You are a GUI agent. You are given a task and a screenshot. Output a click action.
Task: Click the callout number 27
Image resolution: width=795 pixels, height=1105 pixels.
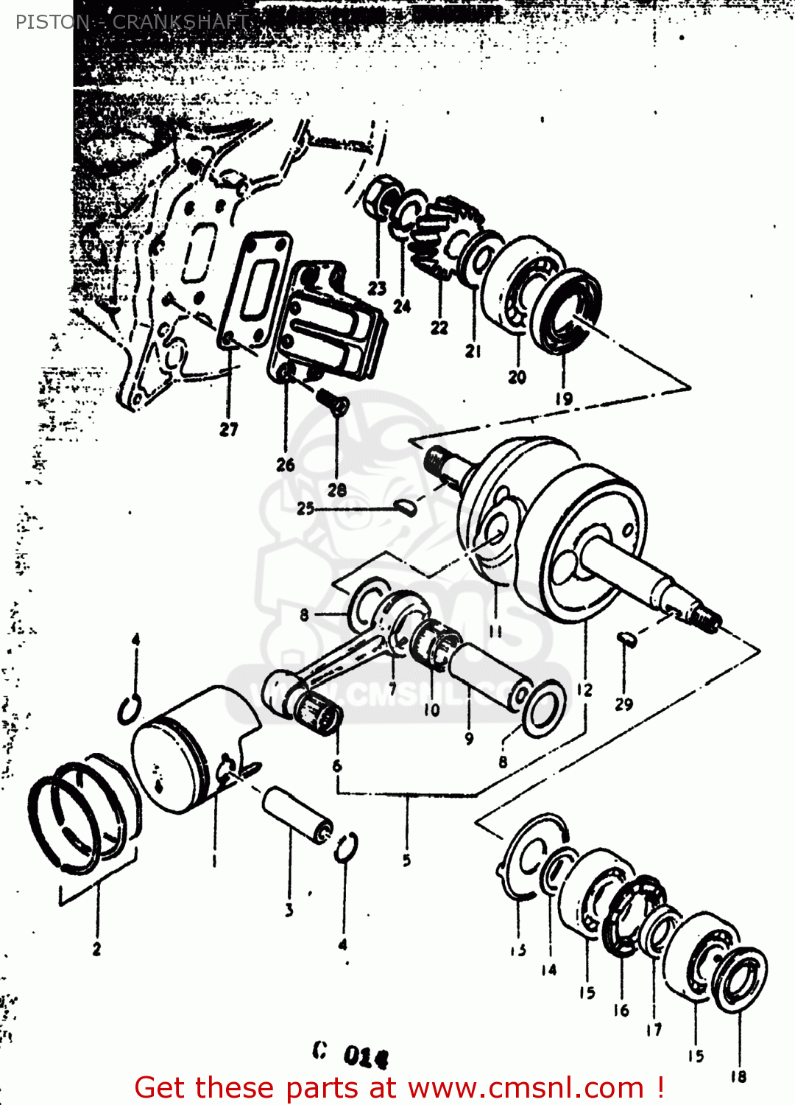[229, 429]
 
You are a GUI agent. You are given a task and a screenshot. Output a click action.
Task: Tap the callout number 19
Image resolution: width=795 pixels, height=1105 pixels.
[564, 399]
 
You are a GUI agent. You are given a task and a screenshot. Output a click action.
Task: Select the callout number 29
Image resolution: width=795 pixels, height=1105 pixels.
[624, 704]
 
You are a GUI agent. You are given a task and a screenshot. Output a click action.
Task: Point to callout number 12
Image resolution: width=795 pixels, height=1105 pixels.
[585, 690]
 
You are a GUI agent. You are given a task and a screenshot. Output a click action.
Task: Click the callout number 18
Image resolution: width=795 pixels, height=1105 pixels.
[738, 1077]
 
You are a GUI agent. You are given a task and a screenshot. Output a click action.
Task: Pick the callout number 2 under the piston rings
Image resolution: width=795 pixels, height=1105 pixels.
[96, 949]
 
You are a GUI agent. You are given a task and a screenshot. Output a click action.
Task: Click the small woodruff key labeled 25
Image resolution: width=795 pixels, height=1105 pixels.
[406, 507]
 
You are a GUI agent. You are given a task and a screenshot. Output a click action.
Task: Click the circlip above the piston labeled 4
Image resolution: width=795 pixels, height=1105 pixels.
[130, 710]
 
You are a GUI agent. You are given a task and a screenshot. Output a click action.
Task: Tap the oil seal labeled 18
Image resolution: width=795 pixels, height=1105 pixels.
[741, 980]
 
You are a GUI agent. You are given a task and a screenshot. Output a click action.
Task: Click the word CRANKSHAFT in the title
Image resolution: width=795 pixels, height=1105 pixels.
[180, 22]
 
